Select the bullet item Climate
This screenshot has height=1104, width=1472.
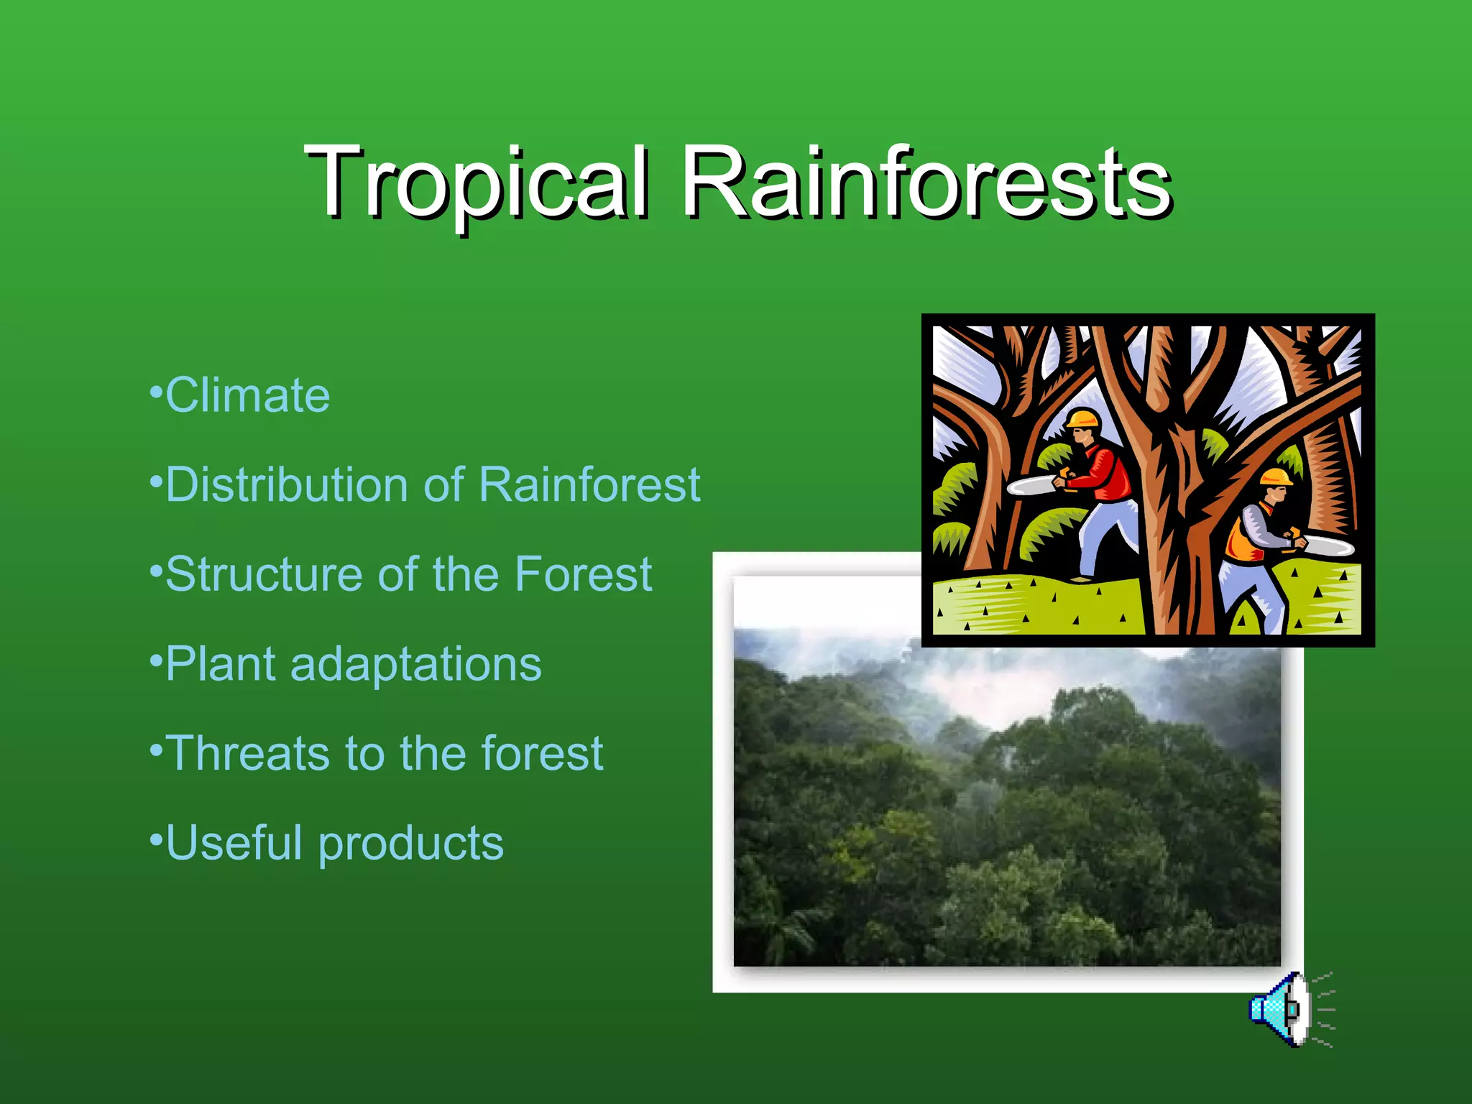coord(247,395)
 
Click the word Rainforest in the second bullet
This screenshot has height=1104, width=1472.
coord(589,484)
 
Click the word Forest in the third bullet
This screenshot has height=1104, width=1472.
coord(584,574)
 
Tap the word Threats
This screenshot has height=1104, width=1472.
coord(249,753)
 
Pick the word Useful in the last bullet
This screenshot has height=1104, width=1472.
coord(234,842)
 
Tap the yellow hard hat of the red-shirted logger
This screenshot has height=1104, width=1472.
coord(1083,418)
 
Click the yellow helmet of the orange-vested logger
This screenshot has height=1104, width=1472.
coord(1276,477)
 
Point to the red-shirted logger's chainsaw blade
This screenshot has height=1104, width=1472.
coord(1031,487)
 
